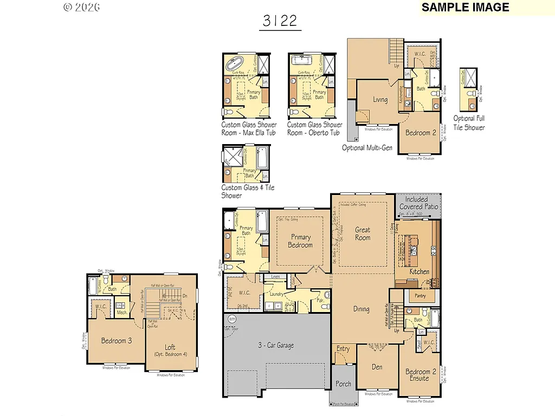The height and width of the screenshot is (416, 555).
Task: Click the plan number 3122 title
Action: pos(280,21)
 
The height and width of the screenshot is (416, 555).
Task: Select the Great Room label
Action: pos(362,233)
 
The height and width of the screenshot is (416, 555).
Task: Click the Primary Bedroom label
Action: pos(300,241)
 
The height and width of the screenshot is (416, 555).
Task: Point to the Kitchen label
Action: pos(419,271)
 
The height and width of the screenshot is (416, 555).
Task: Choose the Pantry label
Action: pos(420,296)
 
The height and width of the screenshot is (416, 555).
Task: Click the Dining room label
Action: pos(361,309)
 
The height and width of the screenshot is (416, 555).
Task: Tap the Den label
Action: pos(377,367)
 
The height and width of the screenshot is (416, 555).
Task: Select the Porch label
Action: pos(343,384)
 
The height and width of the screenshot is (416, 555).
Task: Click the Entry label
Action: pos(343,349)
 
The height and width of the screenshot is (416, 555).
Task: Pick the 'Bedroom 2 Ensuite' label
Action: pos(418,375)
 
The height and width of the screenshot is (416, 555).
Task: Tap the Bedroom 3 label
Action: pos(116,341)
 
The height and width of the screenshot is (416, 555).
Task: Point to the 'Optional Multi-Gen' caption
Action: pos(367,148)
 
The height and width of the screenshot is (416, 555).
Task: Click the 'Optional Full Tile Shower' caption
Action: pos(469,123)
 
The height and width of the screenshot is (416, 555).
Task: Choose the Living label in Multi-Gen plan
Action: pos(380,100)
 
